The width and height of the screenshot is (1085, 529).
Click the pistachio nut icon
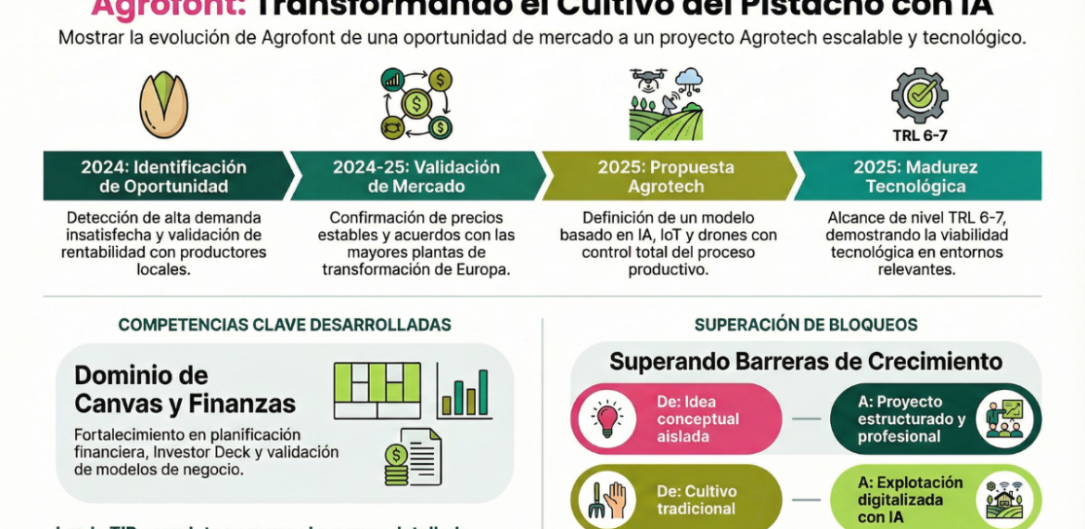(163, 105)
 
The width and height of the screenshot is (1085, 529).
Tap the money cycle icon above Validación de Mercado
(416, 103)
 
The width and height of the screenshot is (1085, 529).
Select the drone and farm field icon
(665, 103)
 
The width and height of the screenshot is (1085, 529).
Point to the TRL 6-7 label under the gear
(919, 135)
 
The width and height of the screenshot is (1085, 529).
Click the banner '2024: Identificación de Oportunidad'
(164, 176)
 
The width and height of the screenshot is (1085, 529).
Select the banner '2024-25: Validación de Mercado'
(416, 176)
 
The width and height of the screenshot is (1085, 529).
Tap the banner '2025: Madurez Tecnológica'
(916, 176)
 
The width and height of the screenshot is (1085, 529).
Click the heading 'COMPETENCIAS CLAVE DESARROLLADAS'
(285, 325)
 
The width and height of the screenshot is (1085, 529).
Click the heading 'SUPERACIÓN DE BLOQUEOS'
(806, 325)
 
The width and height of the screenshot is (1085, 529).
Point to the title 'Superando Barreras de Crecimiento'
(806, 361)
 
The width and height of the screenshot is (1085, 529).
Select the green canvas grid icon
(377, 390)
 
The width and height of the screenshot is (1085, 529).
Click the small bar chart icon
(464, 392)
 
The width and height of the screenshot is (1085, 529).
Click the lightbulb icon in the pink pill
(606, 419)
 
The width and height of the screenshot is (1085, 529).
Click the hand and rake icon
(606, 499)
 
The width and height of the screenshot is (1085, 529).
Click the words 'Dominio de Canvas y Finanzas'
(185, 390)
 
